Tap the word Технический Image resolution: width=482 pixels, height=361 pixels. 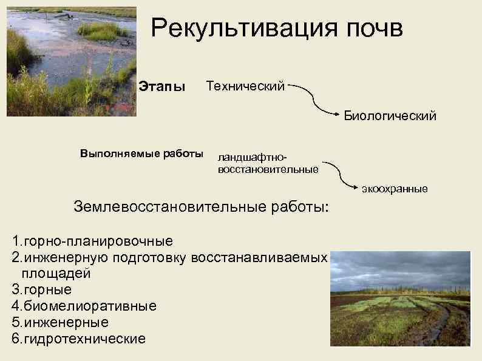click(245, 87)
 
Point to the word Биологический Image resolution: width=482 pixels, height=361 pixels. click(390, 115)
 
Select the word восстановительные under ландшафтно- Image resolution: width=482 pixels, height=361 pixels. click(268, 169)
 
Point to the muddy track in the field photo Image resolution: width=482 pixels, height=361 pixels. click(446, 325)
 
